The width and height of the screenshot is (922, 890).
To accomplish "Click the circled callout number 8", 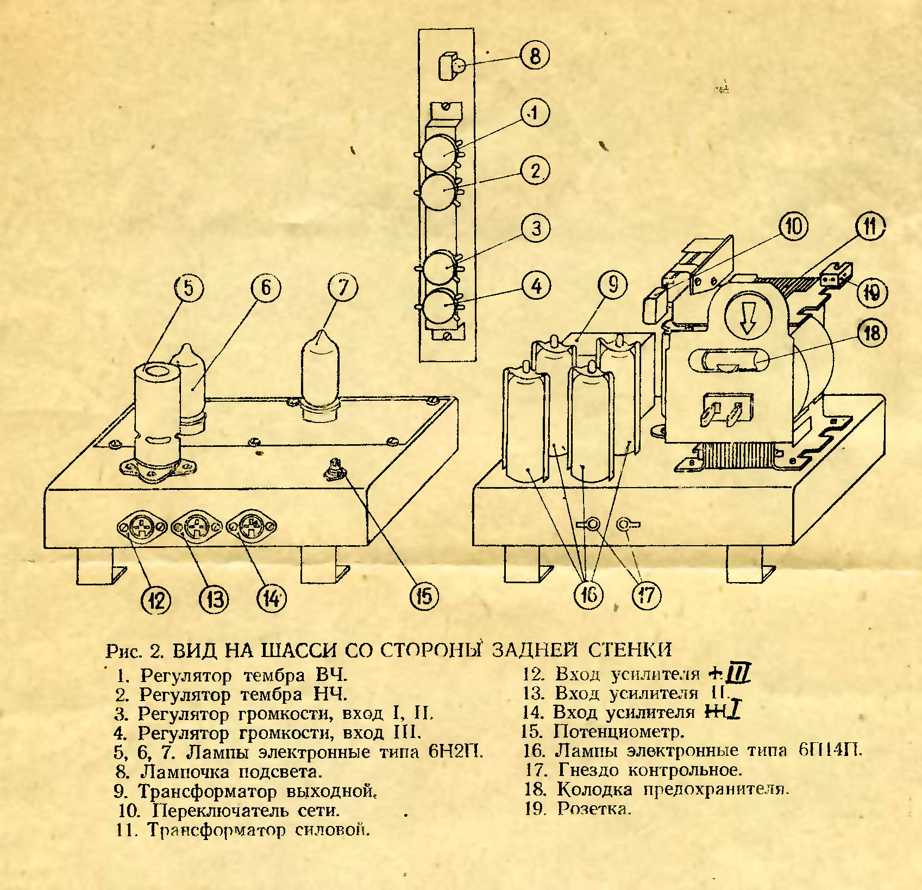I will pos(535,56).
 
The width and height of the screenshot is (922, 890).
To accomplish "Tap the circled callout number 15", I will pos(424,595).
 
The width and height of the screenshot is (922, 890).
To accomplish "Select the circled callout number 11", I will pos(870,226).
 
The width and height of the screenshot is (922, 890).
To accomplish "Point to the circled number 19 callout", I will pos(871,293).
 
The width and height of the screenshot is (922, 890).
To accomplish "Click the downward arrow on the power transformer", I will pos(748,319).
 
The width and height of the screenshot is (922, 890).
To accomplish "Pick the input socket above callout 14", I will pos(251,527).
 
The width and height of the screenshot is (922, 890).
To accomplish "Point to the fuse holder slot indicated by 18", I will pos(728,361).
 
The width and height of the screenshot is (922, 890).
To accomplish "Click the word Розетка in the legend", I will pos(594,809).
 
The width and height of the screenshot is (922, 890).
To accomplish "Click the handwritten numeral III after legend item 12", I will pos(738,674).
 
